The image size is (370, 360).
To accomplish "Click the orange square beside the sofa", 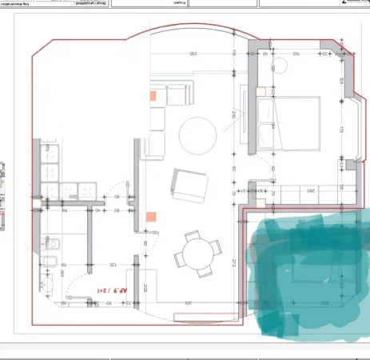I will click(x=150, y=95).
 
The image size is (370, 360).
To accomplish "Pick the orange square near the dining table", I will click(x=150, y=216).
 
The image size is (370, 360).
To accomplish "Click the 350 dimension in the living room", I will click(x=193, y=54).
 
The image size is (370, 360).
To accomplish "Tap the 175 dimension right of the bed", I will click(x=340, y=128).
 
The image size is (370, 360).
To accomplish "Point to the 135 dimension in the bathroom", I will click(x=113, y=264).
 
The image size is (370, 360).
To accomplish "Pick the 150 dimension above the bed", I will click(x=295, y=54).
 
